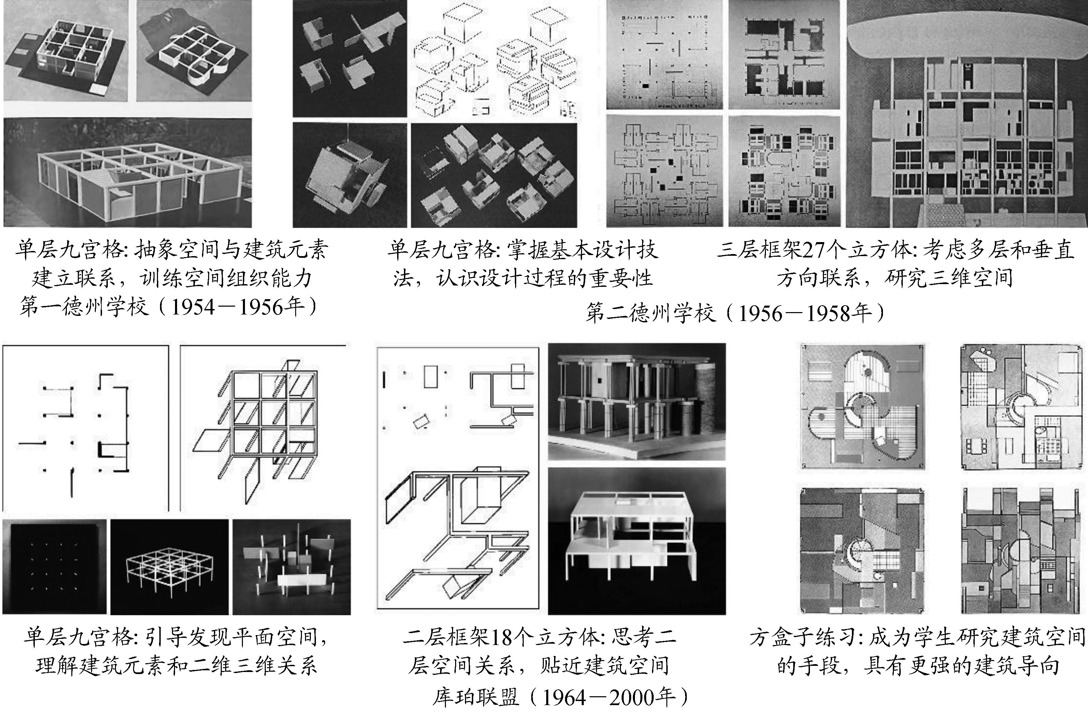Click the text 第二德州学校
(651, 314)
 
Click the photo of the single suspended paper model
(349, 175)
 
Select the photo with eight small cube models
(494, 175)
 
